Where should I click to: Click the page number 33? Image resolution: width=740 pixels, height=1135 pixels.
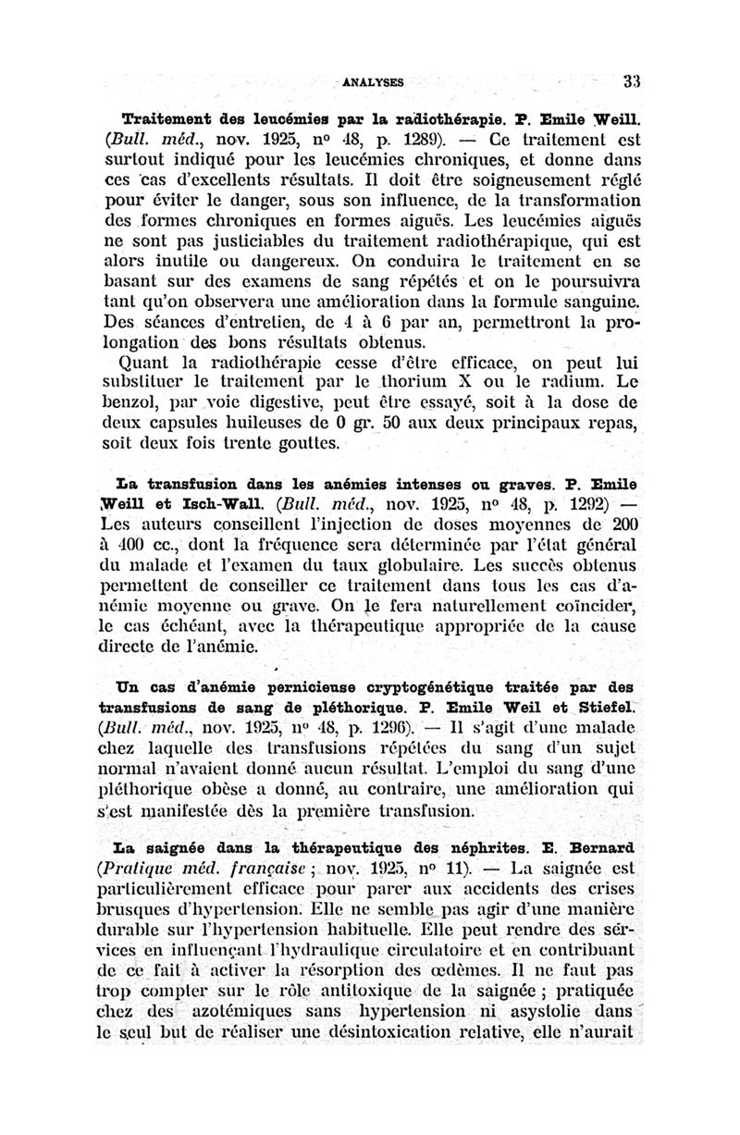pyautogui.click(x=632, y=80)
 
